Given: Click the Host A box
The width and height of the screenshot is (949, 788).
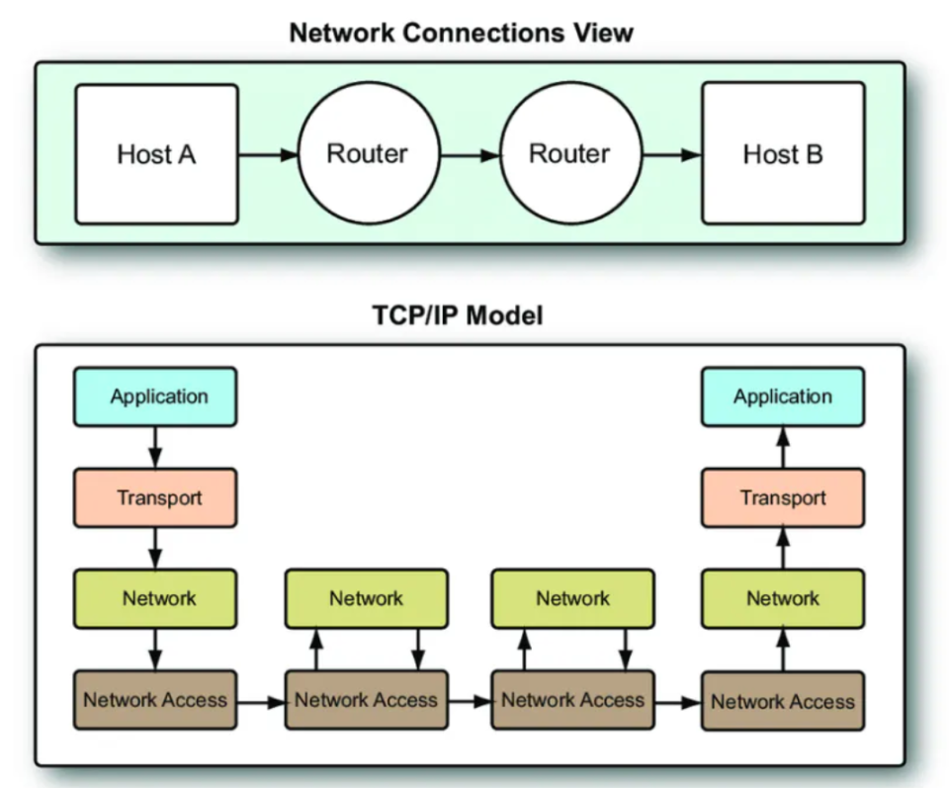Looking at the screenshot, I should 156,153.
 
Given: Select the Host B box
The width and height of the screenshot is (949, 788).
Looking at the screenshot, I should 783,153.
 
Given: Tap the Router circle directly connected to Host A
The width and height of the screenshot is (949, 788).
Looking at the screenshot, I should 367,153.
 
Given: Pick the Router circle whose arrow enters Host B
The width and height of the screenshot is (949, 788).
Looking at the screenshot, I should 568,153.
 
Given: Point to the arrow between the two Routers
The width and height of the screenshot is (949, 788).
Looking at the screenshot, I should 470,154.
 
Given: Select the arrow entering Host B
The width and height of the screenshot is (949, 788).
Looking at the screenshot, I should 671,154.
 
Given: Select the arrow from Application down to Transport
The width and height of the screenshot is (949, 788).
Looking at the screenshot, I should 156,448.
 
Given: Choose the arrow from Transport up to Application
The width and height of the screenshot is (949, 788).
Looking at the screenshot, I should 783,448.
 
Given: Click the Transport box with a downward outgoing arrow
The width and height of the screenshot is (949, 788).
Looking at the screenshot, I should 156,497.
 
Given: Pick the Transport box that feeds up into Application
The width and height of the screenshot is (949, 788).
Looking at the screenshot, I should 783,497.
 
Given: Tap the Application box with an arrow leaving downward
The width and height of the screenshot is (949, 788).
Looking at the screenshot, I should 156,397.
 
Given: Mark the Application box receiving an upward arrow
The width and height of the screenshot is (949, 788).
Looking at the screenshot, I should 783,397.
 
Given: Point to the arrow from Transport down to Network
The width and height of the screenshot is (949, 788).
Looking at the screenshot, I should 156,548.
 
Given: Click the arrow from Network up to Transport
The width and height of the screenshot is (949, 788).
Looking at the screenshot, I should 783,548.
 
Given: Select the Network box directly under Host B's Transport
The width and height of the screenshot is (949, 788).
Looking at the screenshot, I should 783,598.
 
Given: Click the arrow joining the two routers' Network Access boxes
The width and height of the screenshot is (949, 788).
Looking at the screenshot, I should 470,702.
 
